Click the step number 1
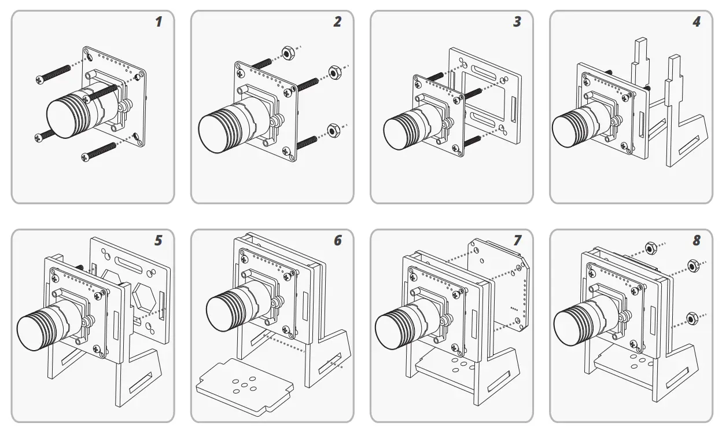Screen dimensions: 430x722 tap(158, 23)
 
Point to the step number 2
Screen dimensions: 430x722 tap(337, 23)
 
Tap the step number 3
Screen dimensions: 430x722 tap(517, 23)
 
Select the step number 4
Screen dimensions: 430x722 tap(696, 23)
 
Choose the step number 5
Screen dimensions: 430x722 tap(158, 240)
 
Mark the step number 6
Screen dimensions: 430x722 tap(337, 240)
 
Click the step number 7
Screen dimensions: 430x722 tap(517, 240)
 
